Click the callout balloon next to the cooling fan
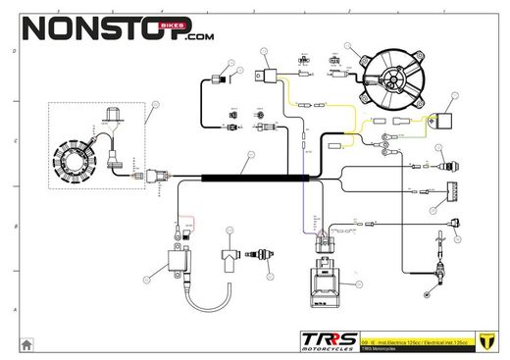tap(348, 46)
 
